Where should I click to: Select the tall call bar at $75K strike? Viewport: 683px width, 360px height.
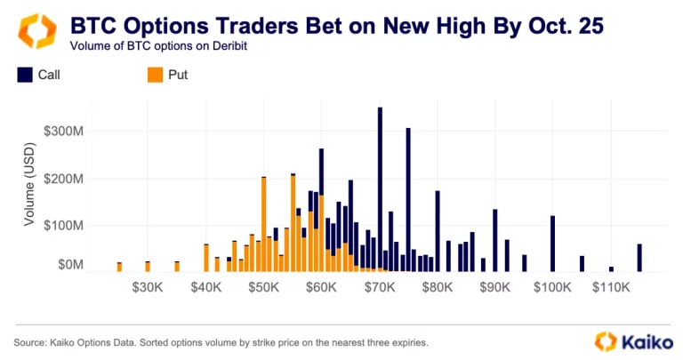tap(408, 199)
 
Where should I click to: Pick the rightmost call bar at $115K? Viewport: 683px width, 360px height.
tap(639, 258)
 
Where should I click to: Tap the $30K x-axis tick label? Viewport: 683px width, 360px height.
tap(148, 288)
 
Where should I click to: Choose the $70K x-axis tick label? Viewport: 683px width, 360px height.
tap(380, 288)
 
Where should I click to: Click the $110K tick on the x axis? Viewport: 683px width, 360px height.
tap(610, 288)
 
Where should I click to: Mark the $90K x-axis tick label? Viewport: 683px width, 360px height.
tap(494, 288)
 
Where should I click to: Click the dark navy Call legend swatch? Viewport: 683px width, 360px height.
tap(25, 76)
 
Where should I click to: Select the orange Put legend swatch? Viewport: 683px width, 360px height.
tap(155, 76)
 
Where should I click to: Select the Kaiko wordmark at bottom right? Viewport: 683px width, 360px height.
tap(643, 340)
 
